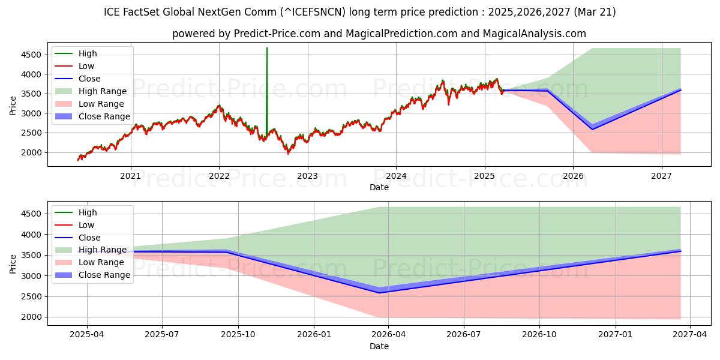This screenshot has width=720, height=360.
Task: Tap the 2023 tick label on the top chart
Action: click(307, 176)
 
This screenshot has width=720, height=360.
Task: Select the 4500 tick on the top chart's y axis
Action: click(33, 55)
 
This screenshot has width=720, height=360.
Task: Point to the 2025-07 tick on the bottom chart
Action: click(162, 335)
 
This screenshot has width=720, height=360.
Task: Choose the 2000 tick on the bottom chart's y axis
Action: click(33, 317)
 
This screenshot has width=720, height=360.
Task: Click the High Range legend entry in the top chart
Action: click(103, 91)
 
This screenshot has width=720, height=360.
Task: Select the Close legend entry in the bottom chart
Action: click(89, 238)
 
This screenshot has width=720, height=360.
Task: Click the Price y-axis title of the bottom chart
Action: click(13, 263)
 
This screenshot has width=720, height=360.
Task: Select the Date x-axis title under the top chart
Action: click(379, 187)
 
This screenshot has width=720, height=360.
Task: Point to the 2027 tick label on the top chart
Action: click(661, 176)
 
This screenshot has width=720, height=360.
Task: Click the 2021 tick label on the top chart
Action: click(130, 176)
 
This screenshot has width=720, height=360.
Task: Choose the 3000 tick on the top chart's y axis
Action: click(33, 113)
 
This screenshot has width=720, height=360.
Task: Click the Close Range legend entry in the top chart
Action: click(104, 116)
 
